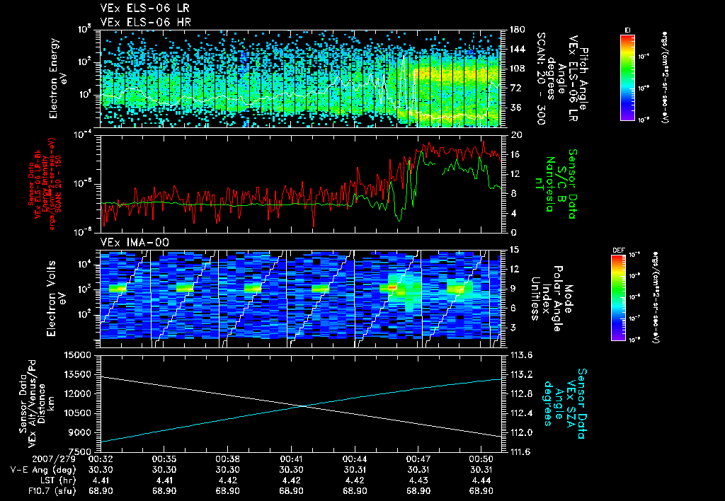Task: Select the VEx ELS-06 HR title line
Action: (x=139, y=22)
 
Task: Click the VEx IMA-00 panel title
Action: (x=131, y=242)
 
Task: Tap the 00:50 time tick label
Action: (x=481, y=459)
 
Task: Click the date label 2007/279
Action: (x=28, y=459)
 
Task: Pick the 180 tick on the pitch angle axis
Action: (x=513, y=30)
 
